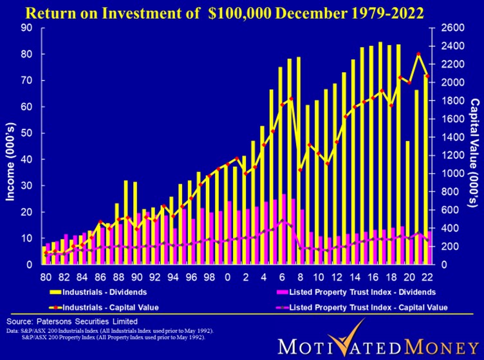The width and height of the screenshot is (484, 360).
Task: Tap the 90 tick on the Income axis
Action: [x=27, y=28]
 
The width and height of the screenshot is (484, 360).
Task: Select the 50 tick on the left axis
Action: [x=27, y=133]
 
